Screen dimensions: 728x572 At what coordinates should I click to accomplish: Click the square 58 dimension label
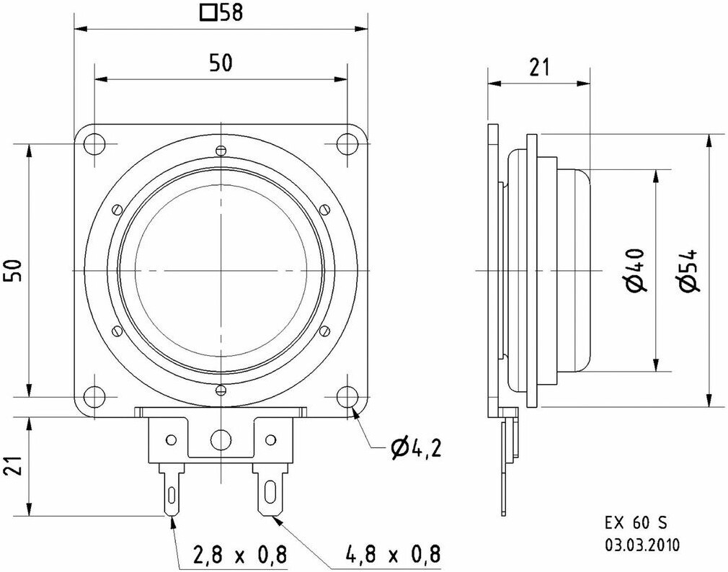[x=221, y=12]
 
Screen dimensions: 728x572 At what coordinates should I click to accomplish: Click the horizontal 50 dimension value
[x=221, y=63]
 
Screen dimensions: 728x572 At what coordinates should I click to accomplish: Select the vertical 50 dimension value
[x=14, y=271]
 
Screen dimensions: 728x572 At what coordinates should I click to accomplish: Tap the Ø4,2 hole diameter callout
[x=417, y=449]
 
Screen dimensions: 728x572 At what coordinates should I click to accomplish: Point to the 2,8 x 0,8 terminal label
[x=239, y=555]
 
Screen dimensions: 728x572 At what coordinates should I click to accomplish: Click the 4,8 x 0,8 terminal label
[x=393, y=555]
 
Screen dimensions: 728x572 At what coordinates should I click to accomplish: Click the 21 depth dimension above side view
[x=539, y=67]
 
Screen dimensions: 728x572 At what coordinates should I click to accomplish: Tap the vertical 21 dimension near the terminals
[x=14, y=465]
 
